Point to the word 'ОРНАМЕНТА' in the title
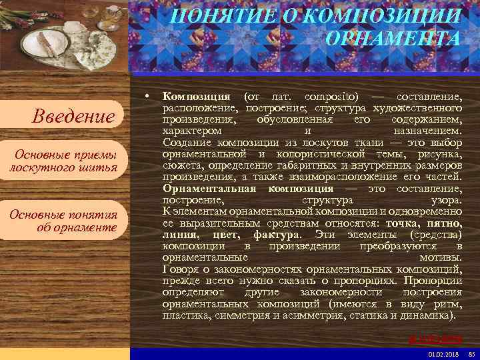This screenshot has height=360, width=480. pyautogui.click(x=393, y=39)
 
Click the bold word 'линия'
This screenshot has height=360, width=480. pyautogui.click(x=180, y=235)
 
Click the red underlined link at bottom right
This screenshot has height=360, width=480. pyautogui.click(x=435, y=338)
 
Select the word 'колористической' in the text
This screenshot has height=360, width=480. pyautogui.click(x=315, y=155)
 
